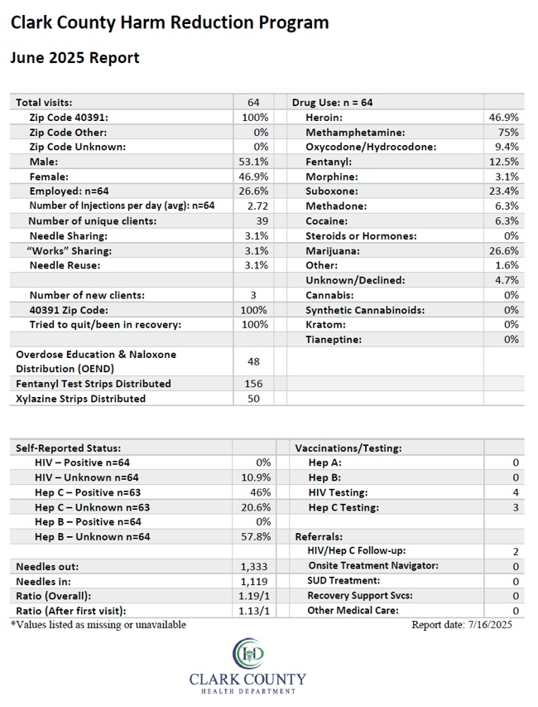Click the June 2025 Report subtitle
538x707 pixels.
coord(74,58)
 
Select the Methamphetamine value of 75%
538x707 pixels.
coord(508,132)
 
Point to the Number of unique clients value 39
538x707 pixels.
coord(262,221)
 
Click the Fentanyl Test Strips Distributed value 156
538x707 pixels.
coord(253,384)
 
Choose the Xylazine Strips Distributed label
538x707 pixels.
coord(80,399)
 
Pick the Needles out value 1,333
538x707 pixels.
coord(254,566)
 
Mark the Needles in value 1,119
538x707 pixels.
coord(254,582)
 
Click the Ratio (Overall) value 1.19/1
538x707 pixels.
coord(254,596)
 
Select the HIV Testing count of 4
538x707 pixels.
coord(516,492)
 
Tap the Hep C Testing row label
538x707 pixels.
coord(343,507)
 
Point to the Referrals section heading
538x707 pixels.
coord(319,536)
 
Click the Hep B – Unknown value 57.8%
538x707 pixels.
coord(256,536)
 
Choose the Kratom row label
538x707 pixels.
coord(325,325)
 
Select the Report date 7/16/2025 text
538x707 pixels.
coord(462,624)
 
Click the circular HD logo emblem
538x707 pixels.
coord(248,653)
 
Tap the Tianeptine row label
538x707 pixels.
coord(334,340)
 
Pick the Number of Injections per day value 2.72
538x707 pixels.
coord(257,206)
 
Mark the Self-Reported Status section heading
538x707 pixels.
coord(68,448)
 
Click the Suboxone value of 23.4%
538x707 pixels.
coord(504,191)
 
